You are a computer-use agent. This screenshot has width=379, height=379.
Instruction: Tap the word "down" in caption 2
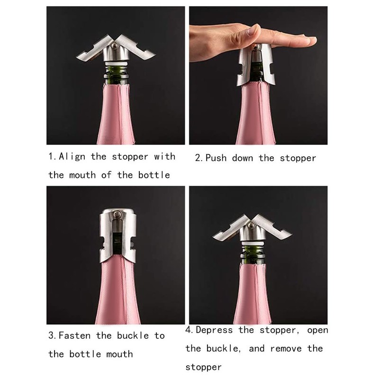coord(243,158)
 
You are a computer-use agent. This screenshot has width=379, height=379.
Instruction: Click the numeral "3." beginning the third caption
coord(53,336)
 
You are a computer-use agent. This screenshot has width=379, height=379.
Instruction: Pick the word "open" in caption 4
coord(317,330)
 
